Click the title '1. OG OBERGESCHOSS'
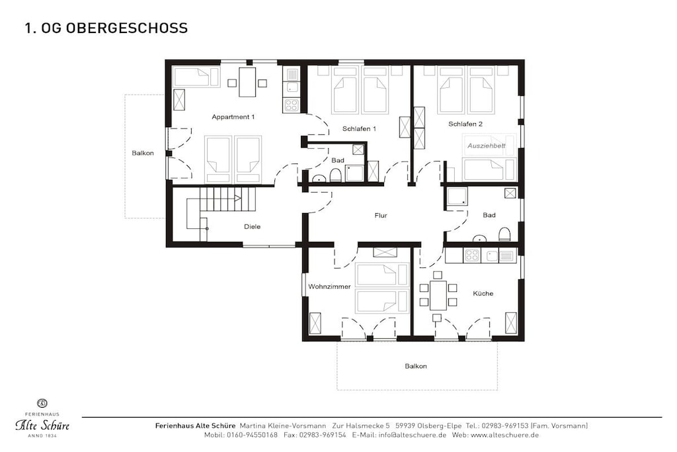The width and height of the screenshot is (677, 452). point(106,28)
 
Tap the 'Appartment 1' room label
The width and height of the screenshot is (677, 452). point(233,116)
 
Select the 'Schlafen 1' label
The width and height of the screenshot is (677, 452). point(359,128)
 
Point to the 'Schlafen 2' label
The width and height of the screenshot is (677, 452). point(465,124)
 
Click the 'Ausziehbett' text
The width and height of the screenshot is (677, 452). point(486,146)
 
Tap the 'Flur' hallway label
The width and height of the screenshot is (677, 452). point(381,215)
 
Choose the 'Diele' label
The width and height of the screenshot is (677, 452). point(252,226)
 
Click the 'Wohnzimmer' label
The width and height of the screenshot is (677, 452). point(329,287)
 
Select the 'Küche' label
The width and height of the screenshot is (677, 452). point(483,293)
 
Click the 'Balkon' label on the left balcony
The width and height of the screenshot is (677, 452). point(143,153)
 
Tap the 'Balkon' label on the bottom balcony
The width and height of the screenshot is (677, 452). point(416,366)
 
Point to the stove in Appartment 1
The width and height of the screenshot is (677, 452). point(292,105)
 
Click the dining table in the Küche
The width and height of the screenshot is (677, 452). point(438,294)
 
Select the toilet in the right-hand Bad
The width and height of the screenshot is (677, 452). point(504,234)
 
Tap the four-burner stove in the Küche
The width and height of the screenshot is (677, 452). point(471,255)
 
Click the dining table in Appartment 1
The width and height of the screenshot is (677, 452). point(247,82)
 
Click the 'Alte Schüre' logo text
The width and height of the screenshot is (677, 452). point(42,426)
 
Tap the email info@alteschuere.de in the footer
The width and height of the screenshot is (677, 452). point(413,435)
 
